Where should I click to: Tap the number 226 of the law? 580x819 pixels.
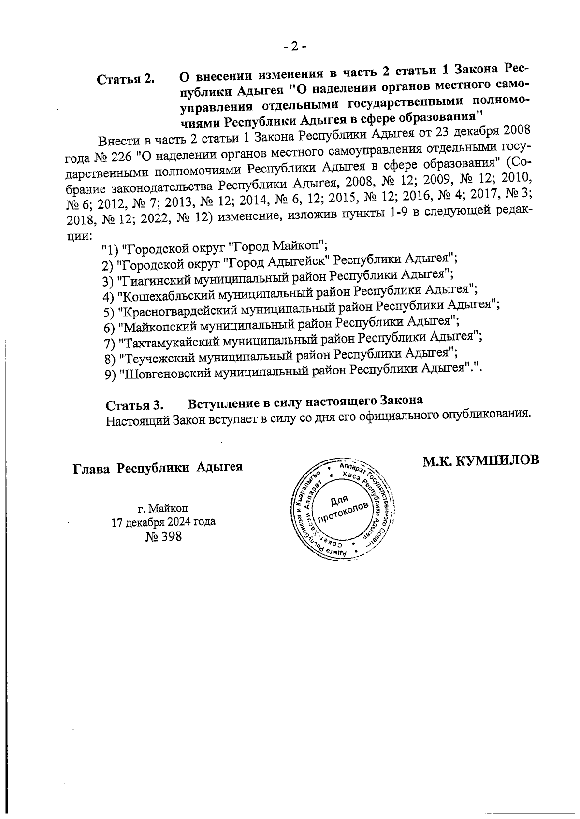[118, 157]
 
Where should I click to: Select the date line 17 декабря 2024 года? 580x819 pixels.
[163, 522]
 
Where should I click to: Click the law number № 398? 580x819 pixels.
[163, 536]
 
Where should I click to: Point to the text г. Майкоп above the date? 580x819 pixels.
[163, 508]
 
